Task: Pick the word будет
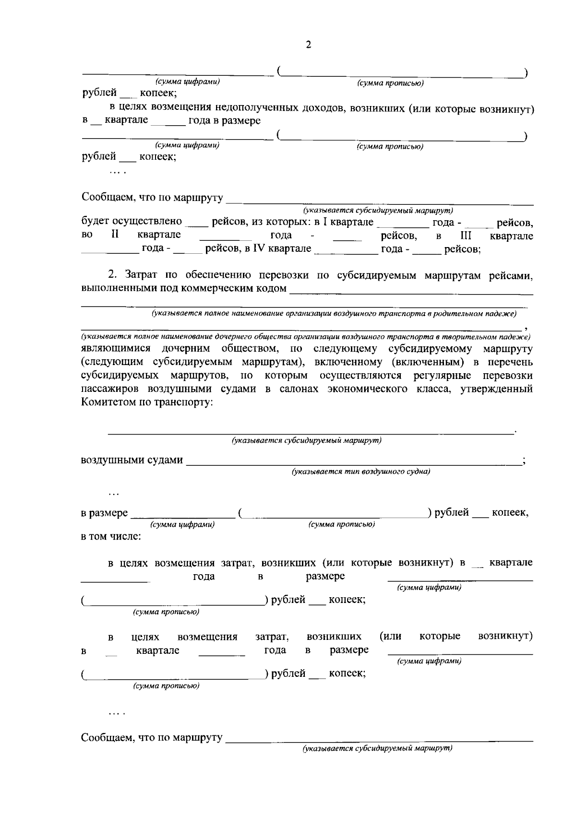[95, 222]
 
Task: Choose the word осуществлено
[147, 222]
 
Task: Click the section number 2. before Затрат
[113, 275]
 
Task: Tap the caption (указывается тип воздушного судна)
[361, 472]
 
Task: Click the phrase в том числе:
[111, 536]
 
